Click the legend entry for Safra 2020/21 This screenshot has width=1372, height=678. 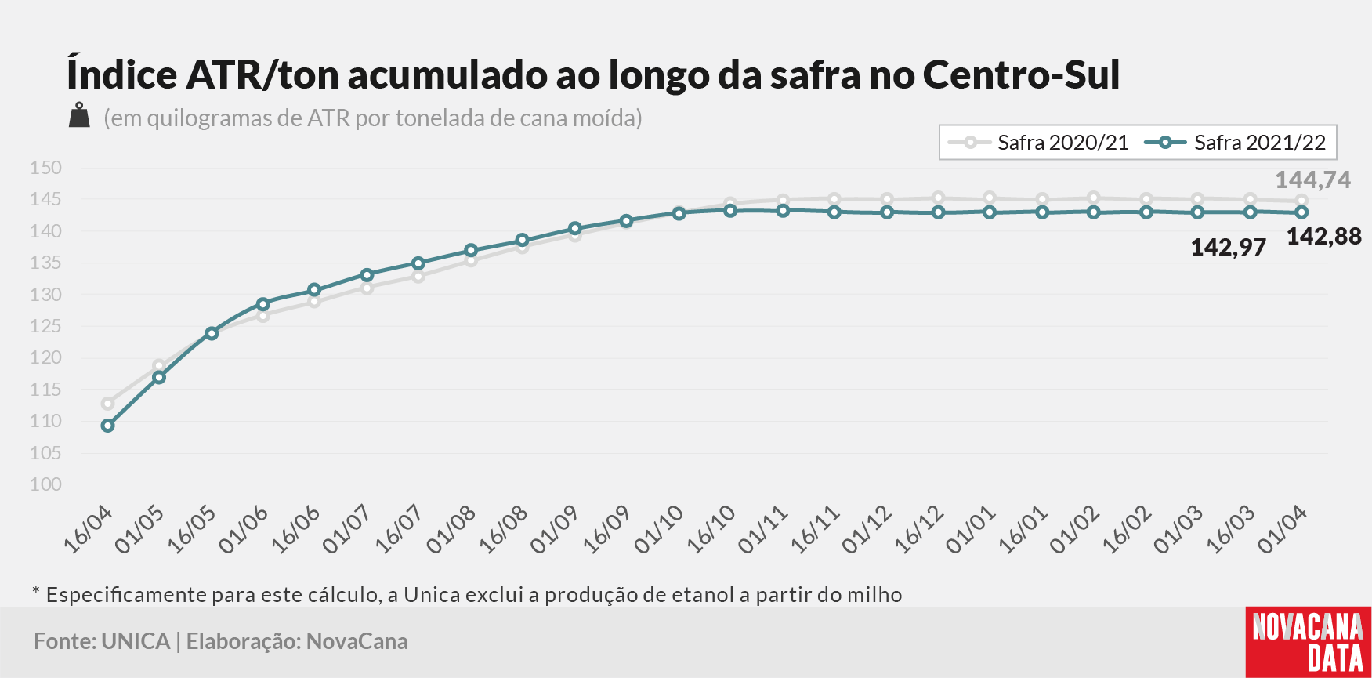(1038, 143)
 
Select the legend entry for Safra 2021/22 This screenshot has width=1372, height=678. (1235, 143)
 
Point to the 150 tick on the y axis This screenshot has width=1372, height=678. (45, 168)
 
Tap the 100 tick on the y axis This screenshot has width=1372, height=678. (45, 484)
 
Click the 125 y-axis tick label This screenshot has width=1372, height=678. (45, 326)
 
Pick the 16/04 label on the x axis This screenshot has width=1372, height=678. (88, 530)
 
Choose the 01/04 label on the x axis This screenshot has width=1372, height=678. (1282, 530)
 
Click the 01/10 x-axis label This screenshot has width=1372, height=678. (658, 530)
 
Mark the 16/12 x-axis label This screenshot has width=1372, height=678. (918, 530)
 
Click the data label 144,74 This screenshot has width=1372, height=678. (1313, 180)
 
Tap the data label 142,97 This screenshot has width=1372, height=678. (1229, 248)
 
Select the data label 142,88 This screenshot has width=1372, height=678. (1324, 237)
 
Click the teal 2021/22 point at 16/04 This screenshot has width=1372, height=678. (107, 426)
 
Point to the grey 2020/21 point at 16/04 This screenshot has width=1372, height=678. (107, 404)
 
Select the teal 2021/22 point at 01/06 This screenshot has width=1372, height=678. (263, 304)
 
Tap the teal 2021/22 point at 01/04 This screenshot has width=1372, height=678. (1302, 212)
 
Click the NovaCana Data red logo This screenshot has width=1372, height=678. (1309, 642)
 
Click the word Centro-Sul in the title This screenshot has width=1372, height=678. (1022, 75)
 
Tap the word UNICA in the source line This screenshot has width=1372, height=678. (136, 641)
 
